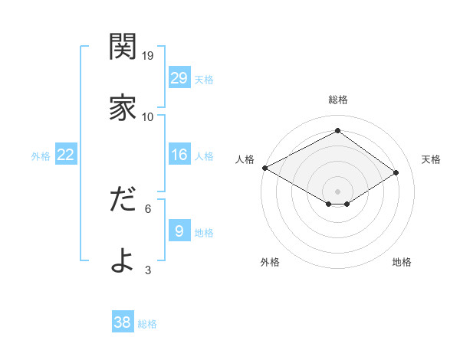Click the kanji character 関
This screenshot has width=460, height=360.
point(123,47)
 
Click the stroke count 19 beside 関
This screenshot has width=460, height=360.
point(148,56)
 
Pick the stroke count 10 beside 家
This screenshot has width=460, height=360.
point(148,116)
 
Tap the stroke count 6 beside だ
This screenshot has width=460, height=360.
point(148,208)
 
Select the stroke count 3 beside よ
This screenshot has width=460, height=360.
point(148,269)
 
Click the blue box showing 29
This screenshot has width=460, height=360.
point(179,78)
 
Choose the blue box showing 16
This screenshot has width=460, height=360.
point(179,155)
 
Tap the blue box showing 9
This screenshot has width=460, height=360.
point(179,231)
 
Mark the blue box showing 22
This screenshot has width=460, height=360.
point(66,155)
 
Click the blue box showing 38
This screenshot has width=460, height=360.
point(123,322)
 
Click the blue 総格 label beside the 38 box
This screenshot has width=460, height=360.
point(147,324)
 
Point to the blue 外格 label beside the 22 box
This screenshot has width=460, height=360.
point(41,155)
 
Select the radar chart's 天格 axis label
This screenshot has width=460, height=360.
point(431,159)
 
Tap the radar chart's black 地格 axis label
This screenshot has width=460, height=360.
point(402,262)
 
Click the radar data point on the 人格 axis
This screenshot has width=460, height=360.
point(264,168)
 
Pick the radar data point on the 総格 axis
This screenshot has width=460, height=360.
point(337,131)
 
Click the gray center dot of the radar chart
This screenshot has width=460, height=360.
point(337,191)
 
